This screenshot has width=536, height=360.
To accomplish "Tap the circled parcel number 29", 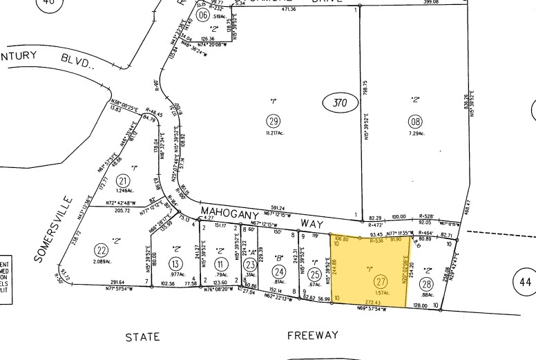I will tap(273, 120).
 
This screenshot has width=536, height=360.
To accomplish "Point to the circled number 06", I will tap(202, 15).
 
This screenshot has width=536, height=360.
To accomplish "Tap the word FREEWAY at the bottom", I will tap(313, 336).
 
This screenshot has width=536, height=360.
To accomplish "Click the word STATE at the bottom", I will tap(142, 337).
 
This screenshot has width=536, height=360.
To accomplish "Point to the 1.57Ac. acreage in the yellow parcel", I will tap(381, 293).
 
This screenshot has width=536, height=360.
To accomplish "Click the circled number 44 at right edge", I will tap(525, 282).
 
